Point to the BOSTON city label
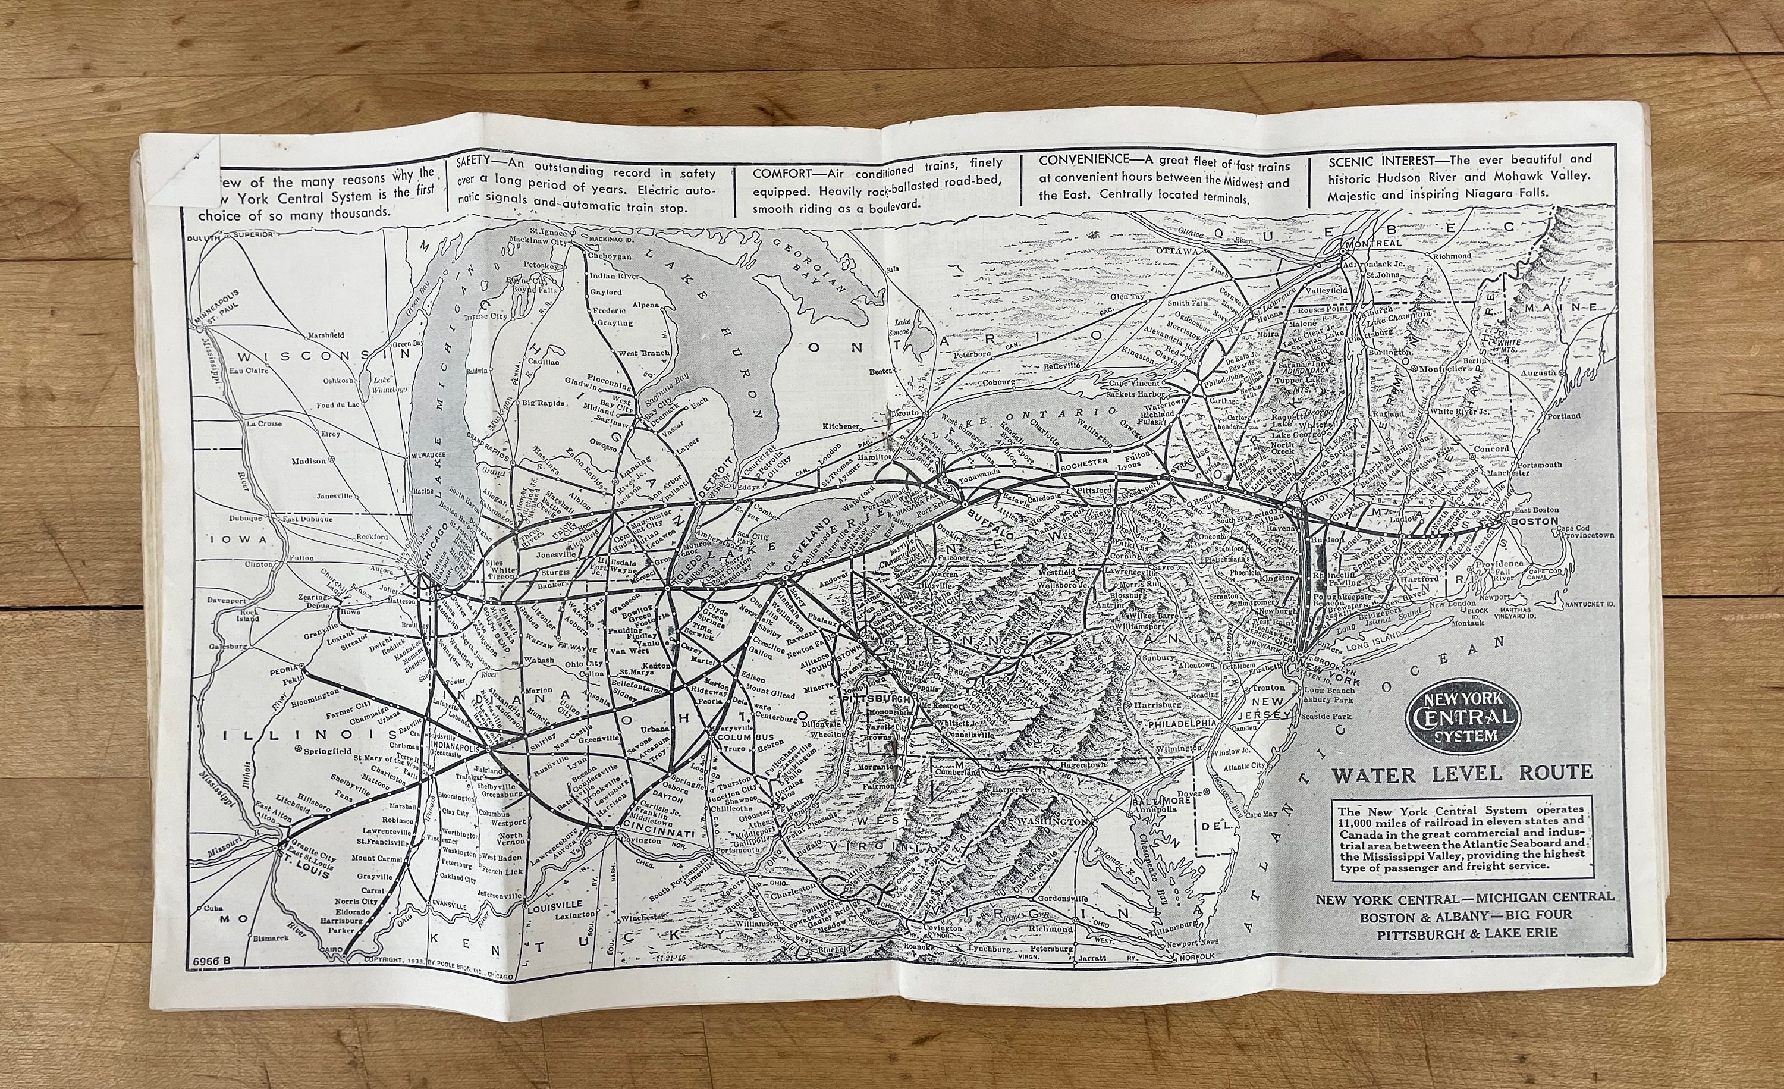1532,522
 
